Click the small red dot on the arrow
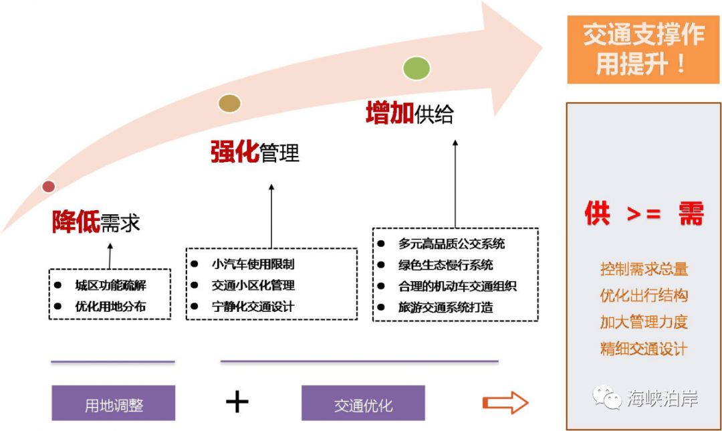pyautogui.click(x=48, y=187)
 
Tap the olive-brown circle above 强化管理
pyautogui.click(x=229, y=103)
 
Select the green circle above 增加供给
pyautogui.click(x=416, y=68)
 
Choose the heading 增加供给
pyautogui.click(x=409, y=114)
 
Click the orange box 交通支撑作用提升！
pyautogui.click(x=644, y=50)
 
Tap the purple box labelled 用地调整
pyautogui.click(x=113, y=404)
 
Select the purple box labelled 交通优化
pyautogui.click(x=363, y=404)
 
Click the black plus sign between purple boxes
pyautogui.click(x=237, y=402)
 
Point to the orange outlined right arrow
pyautogui.click(x=505, y=402)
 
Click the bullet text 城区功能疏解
pyautogui.click(x=110, y=286)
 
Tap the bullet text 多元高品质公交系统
pyautogui.click(x=451, y=244)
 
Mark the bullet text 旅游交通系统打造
pyautogui.click(x=445, y=307)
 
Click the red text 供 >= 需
pyautogui.click(x=644, y=215)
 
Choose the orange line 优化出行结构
pyautogui.click(x=644, y=296)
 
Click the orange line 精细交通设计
pyautogui.click(x=644, y=349)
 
